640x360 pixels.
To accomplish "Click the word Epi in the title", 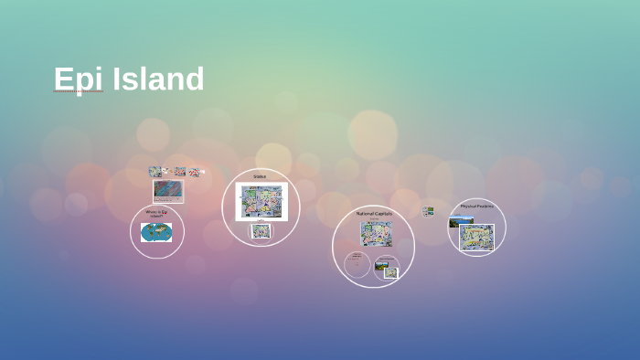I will tap(77, 79).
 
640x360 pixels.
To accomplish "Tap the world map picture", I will tap(156, 232).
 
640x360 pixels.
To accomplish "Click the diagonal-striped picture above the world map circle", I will tap(167, 190).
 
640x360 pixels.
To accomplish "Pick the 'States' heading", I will tap(260, 176).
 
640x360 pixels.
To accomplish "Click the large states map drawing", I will tap(261, 201).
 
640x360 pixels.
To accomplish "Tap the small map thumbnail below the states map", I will tap(261, 231).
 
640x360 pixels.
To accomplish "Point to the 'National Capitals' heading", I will tap(374, 214).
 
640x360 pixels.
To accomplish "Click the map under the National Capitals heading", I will tap(376, 234).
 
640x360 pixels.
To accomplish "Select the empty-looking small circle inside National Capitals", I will tap(357, 264).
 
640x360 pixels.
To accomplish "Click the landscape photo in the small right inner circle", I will tap(382, 266).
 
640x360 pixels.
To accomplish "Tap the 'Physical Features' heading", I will tap(476, 206).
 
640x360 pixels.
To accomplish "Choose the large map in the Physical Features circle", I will tap(476, 238).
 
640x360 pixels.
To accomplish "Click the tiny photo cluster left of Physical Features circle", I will tap(428, 212).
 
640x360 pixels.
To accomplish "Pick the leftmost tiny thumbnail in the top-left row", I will tap(155, 171).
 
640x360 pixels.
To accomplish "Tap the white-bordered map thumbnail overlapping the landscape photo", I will tap(390, 272).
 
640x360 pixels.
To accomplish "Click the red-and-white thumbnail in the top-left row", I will tap(180, 171).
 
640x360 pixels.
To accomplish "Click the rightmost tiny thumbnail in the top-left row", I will tap(194, 172).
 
